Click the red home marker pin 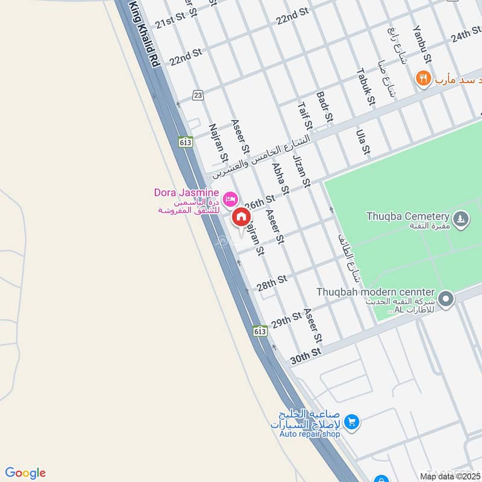point(241,217)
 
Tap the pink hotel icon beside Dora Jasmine point(230,198)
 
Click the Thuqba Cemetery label point(408,216)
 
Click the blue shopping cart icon point(352,423)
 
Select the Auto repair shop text point(310,434)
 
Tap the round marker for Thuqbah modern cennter point(446,298)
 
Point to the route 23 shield point(198,95)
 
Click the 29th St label point(286,321)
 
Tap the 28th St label point(273,282)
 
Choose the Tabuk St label point(365,87)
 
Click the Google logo point(25,473)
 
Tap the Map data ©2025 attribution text point(448,476)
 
